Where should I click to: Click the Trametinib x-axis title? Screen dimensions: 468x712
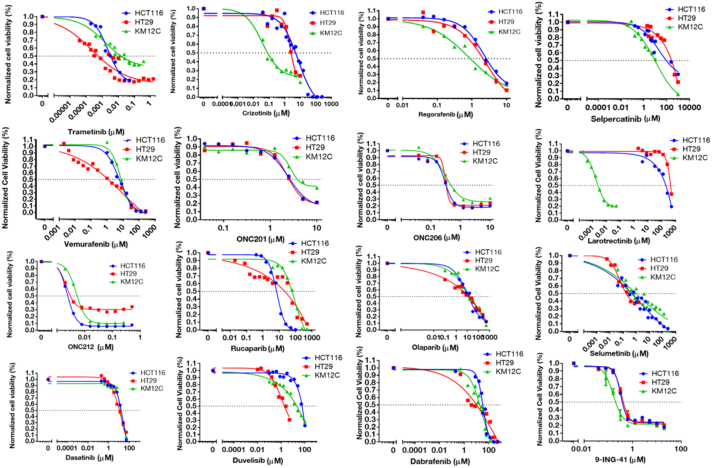pyautogui.click(x=96, y=132)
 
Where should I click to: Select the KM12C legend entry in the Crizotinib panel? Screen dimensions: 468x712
pyautogui.click(x=330, y=33)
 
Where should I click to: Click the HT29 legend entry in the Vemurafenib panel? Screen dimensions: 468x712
pyautogui.click(x=145, y=149)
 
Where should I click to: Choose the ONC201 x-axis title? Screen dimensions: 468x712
pyautogui.click(x=260, y=239)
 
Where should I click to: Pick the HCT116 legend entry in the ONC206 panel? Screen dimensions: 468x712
pyautogui.click(x=486, y=144)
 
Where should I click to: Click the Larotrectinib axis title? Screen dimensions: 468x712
pyautogui.click(x=619, y=241)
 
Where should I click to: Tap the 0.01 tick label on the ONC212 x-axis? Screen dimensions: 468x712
pyautogui.click(x=84, y=337)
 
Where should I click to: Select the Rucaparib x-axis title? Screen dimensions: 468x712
pyautogui.click(x=257, y=348)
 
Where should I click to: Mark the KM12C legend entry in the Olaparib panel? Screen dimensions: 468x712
pyautogui.click(x=487, y=269)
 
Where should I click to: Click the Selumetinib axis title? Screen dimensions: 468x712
pyautogui.click(x=619, y=354)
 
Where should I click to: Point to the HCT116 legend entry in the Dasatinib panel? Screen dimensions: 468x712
pyautogui.click(x=152, y=373)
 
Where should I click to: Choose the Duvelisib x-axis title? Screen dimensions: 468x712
pyautogui.click(x=258, y=461)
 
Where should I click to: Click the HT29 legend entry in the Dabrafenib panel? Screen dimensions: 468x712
pyautogui.click(x=504, y=363)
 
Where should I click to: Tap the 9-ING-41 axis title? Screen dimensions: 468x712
pyautogui.click(x=620, y=460)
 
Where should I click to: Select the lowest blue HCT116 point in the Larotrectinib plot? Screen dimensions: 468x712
pyautogui.click(x=671, y=207)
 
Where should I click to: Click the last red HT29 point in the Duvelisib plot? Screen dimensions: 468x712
pyautogui.click(x=289, y=420)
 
